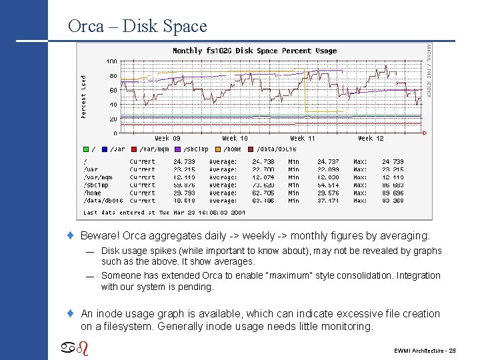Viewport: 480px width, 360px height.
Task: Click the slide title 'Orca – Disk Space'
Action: [x=137, y=26]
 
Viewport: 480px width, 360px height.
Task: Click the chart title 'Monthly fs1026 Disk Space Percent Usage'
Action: [x=255, y=51]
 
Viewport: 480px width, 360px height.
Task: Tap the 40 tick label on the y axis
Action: [x=113, y=105]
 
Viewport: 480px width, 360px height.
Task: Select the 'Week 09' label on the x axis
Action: [x=167, y=138]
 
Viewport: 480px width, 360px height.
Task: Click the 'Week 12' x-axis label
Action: [x=370, y=138]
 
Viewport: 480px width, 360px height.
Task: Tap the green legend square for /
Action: [x=85, y=149]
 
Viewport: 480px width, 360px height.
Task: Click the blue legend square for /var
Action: [x=105, y=149]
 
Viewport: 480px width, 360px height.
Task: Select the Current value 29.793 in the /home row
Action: [x=185, y=193]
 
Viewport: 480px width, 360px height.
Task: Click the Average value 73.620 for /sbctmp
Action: [x=263, y=185]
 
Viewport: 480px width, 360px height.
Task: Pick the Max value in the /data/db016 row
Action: [x=393, y=200]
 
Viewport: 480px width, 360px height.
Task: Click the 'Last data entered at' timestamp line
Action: [x=164, y=212]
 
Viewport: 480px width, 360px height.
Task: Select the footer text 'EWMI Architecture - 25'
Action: [x=425, y=350]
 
